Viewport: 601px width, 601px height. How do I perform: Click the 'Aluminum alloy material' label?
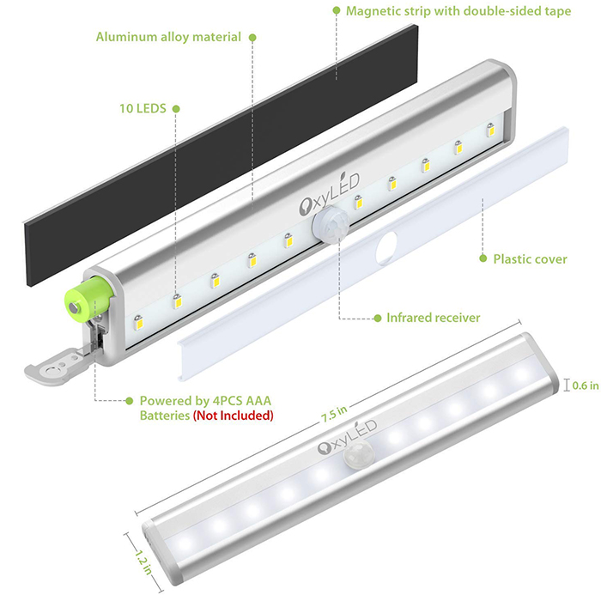pyautogui.click(x=168, y=37)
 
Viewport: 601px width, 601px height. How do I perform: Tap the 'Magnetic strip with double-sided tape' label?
pyautogui.click(x=458, y=11)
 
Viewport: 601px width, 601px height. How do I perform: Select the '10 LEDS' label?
pyautogui.click(x=143, y=108)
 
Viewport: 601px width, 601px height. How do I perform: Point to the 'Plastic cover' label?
pyautogui.click(x=530, y=259)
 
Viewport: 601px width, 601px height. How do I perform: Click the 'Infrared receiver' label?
pyautogui.click(x=433, y=318)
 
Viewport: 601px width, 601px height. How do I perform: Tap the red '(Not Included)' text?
pyautogui.click(x=233, y=416)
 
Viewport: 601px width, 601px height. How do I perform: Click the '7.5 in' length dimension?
pyautogui.click(x=334, y=414)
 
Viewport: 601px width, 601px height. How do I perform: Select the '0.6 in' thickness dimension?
pyautogui.click(x=586, y=385)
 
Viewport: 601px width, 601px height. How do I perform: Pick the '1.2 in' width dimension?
pyautogui.click(x=143, y=562)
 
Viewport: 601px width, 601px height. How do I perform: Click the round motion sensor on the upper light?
pyautogui.click(x=331, y=224)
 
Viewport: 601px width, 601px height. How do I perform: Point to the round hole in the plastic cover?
pyautogui.click(x=386, y=248)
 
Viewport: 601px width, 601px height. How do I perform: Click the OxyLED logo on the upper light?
pyautogui.click(x=329, y=194)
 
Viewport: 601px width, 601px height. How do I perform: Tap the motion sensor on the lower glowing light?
pyautogui.click(x=358, y=455)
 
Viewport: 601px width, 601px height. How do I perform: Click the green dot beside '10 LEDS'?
pyautogui.click(x=176, y=109)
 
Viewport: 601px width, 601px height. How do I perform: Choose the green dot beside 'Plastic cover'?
pyautogui.click(x=483, y=258)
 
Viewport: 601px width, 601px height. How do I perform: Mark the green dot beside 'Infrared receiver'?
pyautogui.click(x=378, y=319)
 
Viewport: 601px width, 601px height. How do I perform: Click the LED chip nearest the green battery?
pyautogui.click(x=138, y=323)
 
